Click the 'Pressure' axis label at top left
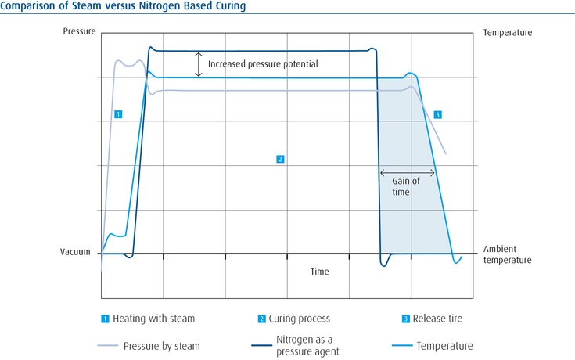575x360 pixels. coord(79,32)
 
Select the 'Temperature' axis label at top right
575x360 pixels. coord(508,33)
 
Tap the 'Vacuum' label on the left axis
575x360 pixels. coord(77,253)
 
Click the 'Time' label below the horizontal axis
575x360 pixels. coord(319,272)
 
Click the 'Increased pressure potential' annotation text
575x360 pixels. coord(263,63)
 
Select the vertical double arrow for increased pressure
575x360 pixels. coord(199,64)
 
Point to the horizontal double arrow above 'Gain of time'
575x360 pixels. coord(407,172)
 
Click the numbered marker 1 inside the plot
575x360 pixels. coord(117,114)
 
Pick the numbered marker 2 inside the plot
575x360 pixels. coord(279,159)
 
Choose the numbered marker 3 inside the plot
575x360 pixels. coord(437,115)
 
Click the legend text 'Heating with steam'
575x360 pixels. coord(153,319)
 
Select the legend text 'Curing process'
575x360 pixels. coord(299,319)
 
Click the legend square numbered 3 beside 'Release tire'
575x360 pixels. coord(405,319)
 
